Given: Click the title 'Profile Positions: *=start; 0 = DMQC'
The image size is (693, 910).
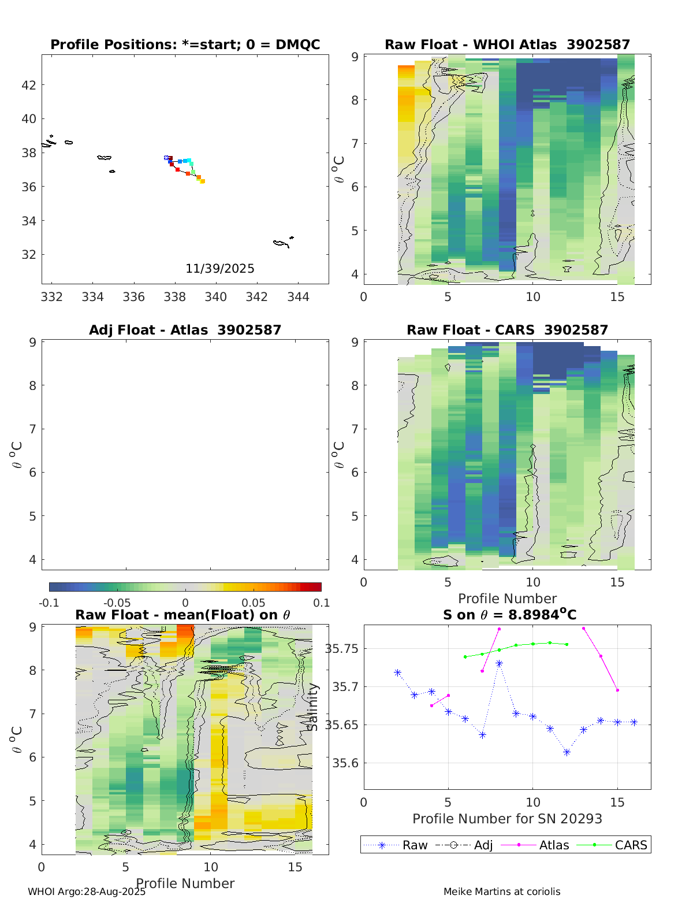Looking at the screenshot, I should coord(185,44).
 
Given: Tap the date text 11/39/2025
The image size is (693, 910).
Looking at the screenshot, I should coord(219,269).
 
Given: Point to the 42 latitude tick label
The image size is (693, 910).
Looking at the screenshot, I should coord(28,85).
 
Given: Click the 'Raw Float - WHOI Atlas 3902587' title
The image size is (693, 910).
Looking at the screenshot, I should coord(507,44).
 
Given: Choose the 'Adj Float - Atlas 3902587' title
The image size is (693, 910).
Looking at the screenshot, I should coord(185,330).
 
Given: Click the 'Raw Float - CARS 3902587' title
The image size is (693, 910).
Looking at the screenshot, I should coord(507,330).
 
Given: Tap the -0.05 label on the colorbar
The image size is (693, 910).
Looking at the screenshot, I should coord(117,603).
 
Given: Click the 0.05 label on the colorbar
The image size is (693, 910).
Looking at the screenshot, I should coord(254,603).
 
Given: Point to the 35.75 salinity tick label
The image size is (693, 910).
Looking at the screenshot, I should coord(341,649).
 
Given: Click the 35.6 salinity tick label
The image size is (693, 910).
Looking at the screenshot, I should coord(344,763).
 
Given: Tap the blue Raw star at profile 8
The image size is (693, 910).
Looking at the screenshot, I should coord(499,663).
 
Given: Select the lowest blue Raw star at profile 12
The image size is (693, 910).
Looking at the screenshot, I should coord(567,752).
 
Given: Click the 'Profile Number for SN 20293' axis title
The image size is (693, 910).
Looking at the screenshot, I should coord(507,819).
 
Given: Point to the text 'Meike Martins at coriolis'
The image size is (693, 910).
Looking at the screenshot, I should coord(502,892).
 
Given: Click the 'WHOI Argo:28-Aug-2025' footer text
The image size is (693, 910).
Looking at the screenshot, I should coord(87,892).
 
